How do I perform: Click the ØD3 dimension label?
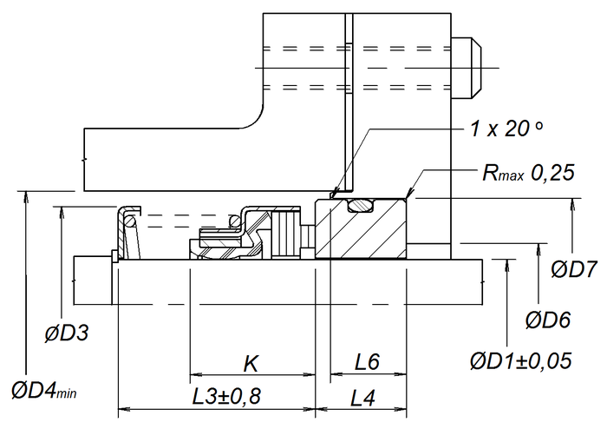coord(67,333)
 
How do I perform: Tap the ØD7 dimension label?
coord(574,269)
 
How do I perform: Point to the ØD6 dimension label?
coord(548,320)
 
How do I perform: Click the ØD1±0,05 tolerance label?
coord(520,360)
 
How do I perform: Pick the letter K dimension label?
coord(251,364)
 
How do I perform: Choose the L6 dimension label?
coord(368,362)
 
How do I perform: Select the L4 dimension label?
coord(362,398)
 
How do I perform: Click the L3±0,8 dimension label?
coord(227,396)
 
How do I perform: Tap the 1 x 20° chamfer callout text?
coord(506,129)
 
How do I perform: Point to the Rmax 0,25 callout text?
coord(528,172)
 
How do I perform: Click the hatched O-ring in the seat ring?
coord(361,206)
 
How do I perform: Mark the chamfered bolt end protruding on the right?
coord(467,68)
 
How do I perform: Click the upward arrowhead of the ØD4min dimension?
coord(26,196)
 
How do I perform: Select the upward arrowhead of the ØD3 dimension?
coord(62,212)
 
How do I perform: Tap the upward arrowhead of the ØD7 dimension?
coord(573,204)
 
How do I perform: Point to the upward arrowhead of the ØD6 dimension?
coord(538,249)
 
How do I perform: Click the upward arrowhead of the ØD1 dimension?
coord(507,266)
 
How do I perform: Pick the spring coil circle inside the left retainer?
coord(129,221)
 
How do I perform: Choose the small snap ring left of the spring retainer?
coord(114,256)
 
